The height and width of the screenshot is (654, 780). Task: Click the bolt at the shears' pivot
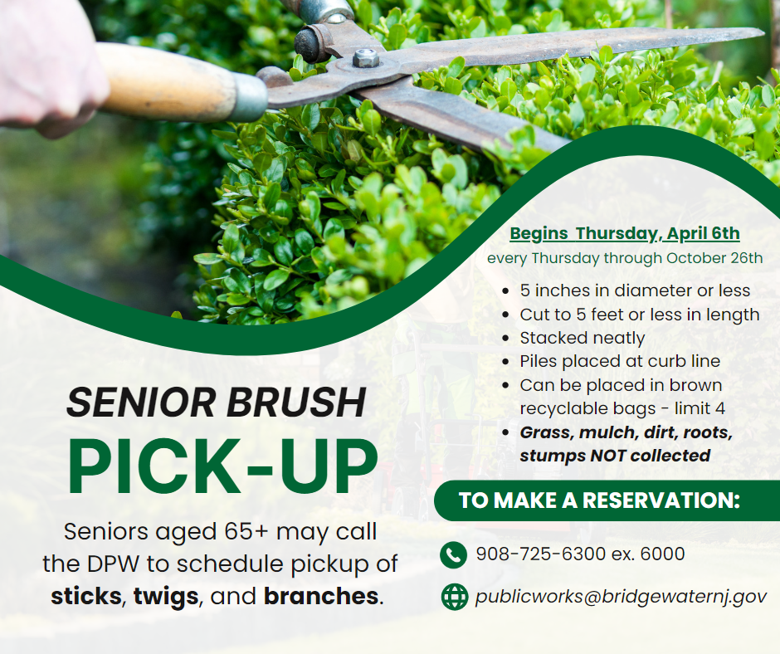[x=366, y=58]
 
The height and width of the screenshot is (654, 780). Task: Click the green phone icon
[x=454, y=554]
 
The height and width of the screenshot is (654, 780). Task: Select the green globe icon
[x=455, y=597]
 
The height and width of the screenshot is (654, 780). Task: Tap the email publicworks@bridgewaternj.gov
[x=621, y=596]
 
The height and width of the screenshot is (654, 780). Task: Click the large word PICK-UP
[x=223, y=467]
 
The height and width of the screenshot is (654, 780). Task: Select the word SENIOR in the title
[x=142, y=403]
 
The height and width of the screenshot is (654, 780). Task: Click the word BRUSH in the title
[x=296, y=403]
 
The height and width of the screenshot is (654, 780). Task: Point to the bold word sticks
[x=86, y=596]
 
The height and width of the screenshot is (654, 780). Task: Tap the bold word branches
[x=321, y=596]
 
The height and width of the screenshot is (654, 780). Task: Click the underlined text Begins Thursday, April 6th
[x=625, y=233]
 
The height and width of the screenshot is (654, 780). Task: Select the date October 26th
[x=714, y=258]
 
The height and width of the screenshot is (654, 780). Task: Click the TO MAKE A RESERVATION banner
[x=607, y=500]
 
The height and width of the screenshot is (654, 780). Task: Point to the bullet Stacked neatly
[x=583, y=338]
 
